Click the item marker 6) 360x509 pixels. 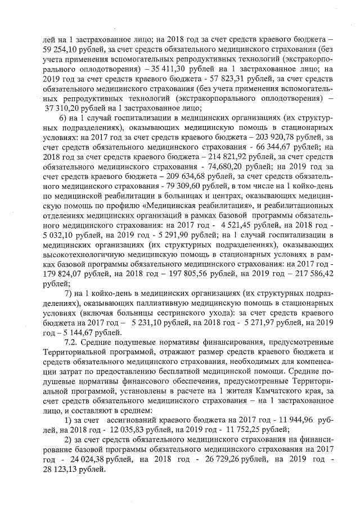click(64, 119)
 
